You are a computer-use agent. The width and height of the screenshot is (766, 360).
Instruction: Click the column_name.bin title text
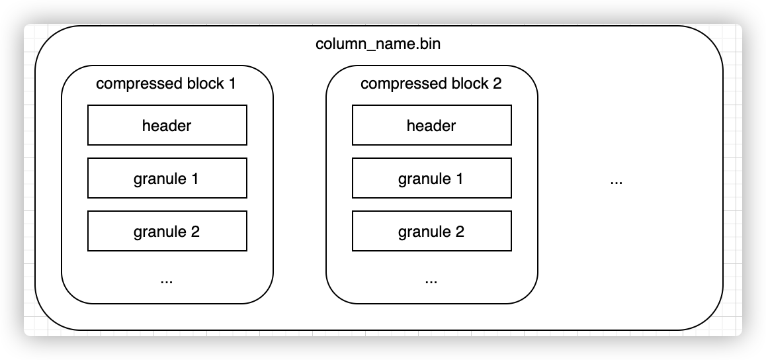coord(378,46)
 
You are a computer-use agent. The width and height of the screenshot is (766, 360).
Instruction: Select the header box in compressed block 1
coord(167,125)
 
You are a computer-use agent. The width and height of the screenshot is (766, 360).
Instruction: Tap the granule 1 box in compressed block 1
coord(167,178)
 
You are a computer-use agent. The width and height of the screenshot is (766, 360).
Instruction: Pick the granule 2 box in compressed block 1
coord(167,231)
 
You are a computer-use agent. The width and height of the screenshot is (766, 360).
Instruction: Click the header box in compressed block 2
coord(431,125)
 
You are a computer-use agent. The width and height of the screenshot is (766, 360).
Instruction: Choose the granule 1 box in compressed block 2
coord(431,178)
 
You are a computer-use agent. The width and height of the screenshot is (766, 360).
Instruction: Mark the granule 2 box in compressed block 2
coord(431,231)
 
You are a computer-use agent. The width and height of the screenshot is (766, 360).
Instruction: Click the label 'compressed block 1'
coord(166,84)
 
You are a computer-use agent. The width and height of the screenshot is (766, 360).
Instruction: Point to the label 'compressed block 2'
coord(431,84)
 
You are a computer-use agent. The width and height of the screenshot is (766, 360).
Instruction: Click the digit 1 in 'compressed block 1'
coord(232,84)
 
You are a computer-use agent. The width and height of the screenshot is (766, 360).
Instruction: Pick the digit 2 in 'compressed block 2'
coord(497,84)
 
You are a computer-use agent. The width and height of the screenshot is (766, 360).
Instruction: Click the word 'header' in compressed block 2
coord(431,125)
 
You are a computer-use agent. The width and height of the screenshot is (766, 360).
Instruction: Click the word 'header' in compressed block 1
coord(167,125)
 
